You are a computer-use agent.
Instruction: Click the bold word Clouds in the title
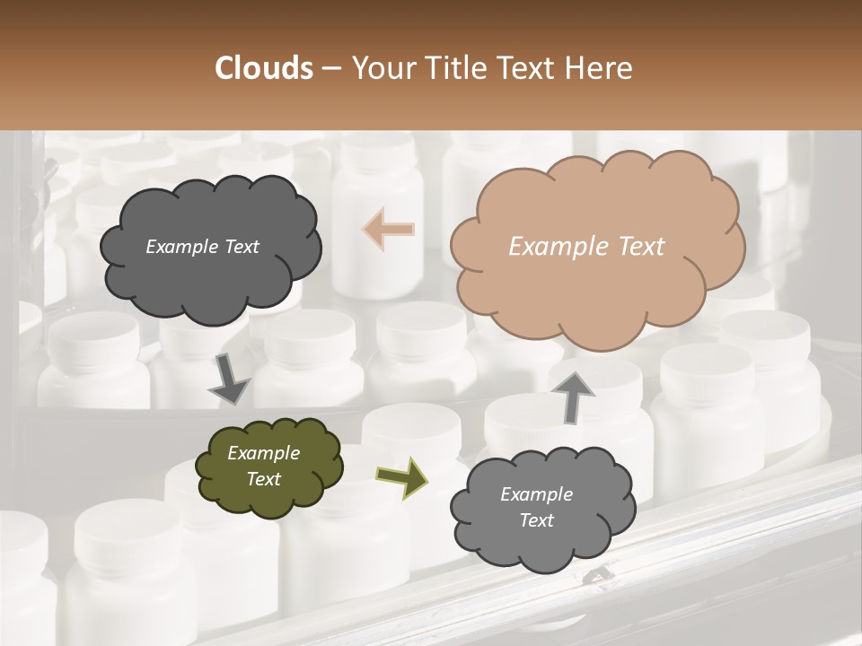(x=264, y=68)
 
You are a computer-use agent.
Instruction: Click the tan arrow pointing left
(x=389, y=229)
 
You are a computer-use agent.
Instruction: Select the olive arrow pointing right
(x=401, y=476)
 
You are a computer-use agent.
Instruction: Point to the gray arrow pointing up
(x=574, y=396)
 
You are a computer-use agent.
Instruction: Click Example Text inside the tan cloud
(x=586, y=247)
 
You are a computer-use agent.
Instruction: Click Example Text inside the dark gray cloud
(x=202, y=247)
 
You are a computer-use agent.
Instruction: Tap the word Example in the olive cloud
(x=263, y=453)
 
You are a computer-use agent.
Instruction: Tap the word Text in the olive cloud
(x=263, y=479)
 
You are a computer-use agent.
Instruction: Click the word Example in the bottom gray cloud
(x=536, y=494)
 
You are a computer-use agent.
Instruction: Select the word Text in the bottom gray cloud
(x=536, y=520)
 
